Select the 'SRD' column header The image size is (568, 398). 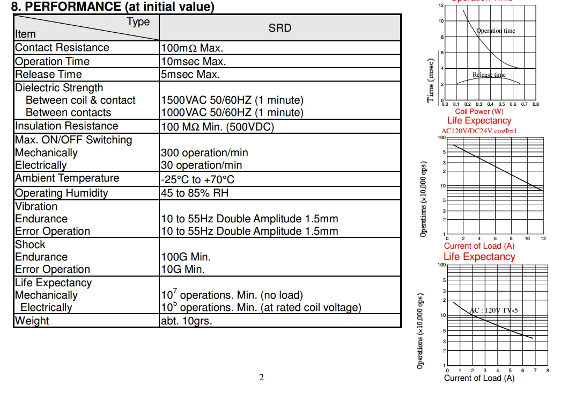[279, 28]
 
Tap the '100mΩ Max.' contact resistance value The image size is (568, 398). [192, 48]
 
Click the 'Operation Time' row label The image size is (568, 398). [52, 61]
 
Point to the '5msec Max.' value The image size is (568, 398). [190, 75]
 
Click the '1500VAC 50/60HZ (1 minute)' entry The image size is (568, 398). [232, 100]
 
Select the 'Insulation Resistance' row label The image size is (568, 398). [67, 126]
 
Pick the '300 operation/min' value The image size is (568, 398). [204, 153]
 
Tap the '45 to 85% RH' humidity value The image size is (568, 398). [195, 193]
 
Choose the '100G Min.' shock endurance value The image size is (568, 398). [186, 257]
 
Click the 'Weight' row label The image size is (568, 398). [32, 321]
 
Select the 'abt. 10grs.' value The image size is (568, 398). [186, 321]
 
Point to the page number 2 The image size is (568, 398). [262, 377]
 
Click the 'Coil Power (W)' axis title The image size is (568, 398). [479, 111]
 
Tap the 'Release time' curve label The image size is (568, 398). [489, 75]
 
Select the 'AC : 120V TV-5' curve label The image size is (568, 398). [493, 310]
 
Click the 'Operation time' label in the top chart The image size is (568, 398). [496, 31]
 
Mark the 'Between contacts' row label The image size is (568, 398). [68, 113]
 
